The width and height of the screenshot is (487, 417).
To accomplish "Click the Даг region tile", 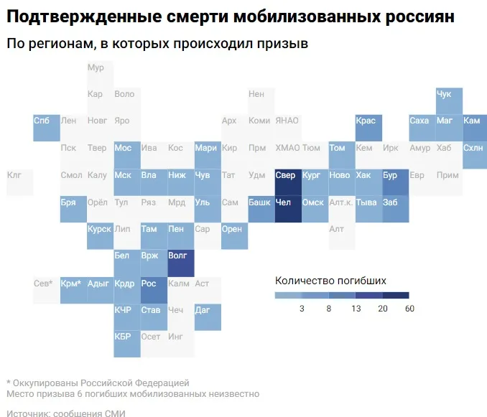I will coord(207,317).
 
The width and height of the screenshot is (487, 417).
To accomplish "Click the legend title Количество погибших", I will coord(330,281).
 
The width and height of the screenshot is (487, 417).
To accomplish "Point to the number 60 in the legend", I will coord(409,309).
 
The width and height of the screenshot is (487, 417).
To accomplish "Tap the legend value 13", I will coord(356,309).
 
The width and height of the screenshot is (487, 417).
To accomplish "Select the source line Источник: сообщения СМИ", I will coord(67,413).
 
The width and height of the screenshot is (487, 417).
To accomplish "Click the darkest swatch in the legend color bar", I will coord(396,295).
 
